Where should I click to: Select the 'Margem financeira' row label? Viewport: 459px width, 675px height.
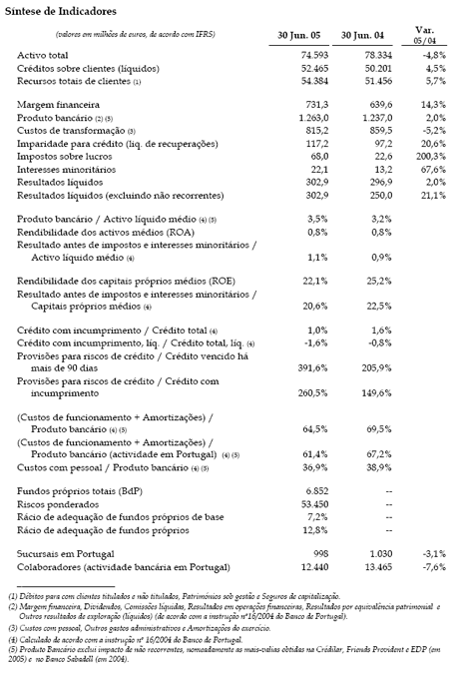click(58, 103)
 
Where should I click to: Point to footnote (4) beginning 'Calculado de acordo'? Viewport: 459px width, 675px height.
click(100, 643)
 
